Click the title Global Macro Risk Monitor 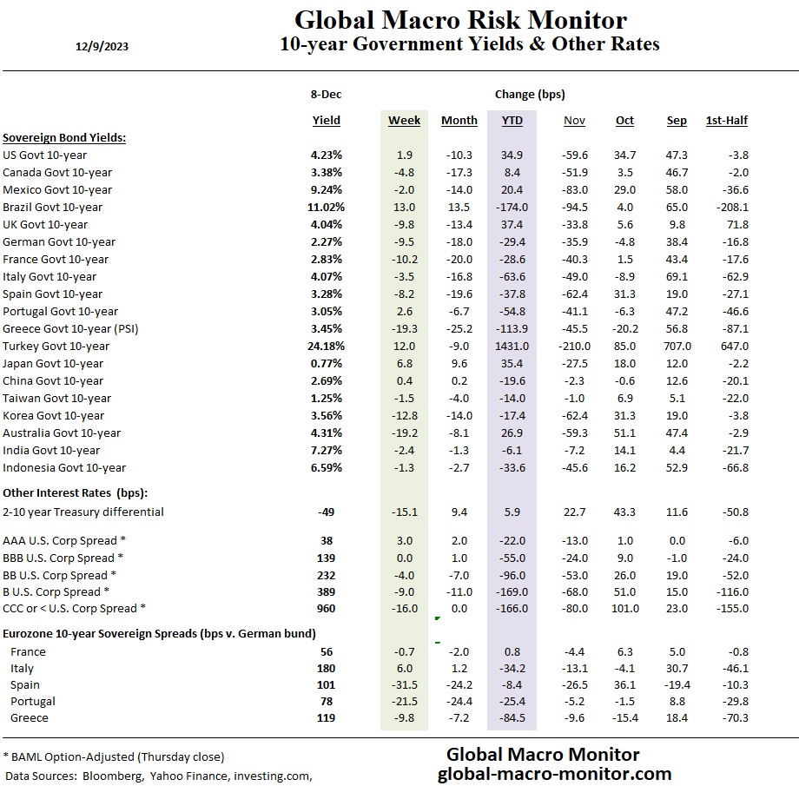tap(460, 20)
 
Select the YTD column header tap(512, 121)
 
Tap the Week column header tap(404, 121)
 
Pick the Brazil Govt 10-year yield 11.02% tap(326, 207)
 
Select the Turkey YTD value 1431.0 tap(512, 346)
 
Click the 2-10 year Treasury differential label tap(83, 512)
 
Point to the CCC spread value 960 tap(326, 609)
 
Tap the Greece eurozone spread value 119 tap(326, 717)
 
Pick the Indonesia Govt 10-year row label tap(64, 467)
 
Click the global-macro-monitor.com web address tap(554, 773)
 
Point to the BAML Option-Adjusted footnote tap(114, 756)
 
